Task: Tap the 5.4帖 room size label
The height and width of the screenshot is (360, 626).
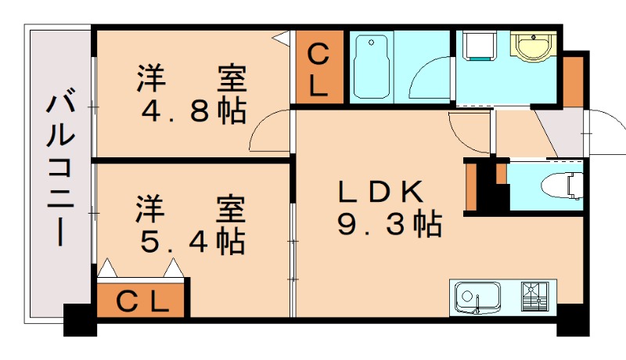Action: pos(192,240)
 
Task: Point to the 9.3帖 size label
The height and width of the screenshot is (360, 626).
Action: pos(390,225)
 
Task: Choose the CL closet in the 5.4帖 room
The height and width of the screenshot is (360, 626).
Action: pos(142,301)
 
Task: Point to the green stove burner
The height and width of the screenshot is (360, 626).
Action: pos(537,297)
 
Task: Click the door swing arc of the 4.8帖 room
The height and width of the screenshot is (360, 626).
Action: pos(268,131)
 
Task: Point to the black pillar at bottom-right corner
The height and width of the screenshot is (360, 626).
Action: pos(572,320)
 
